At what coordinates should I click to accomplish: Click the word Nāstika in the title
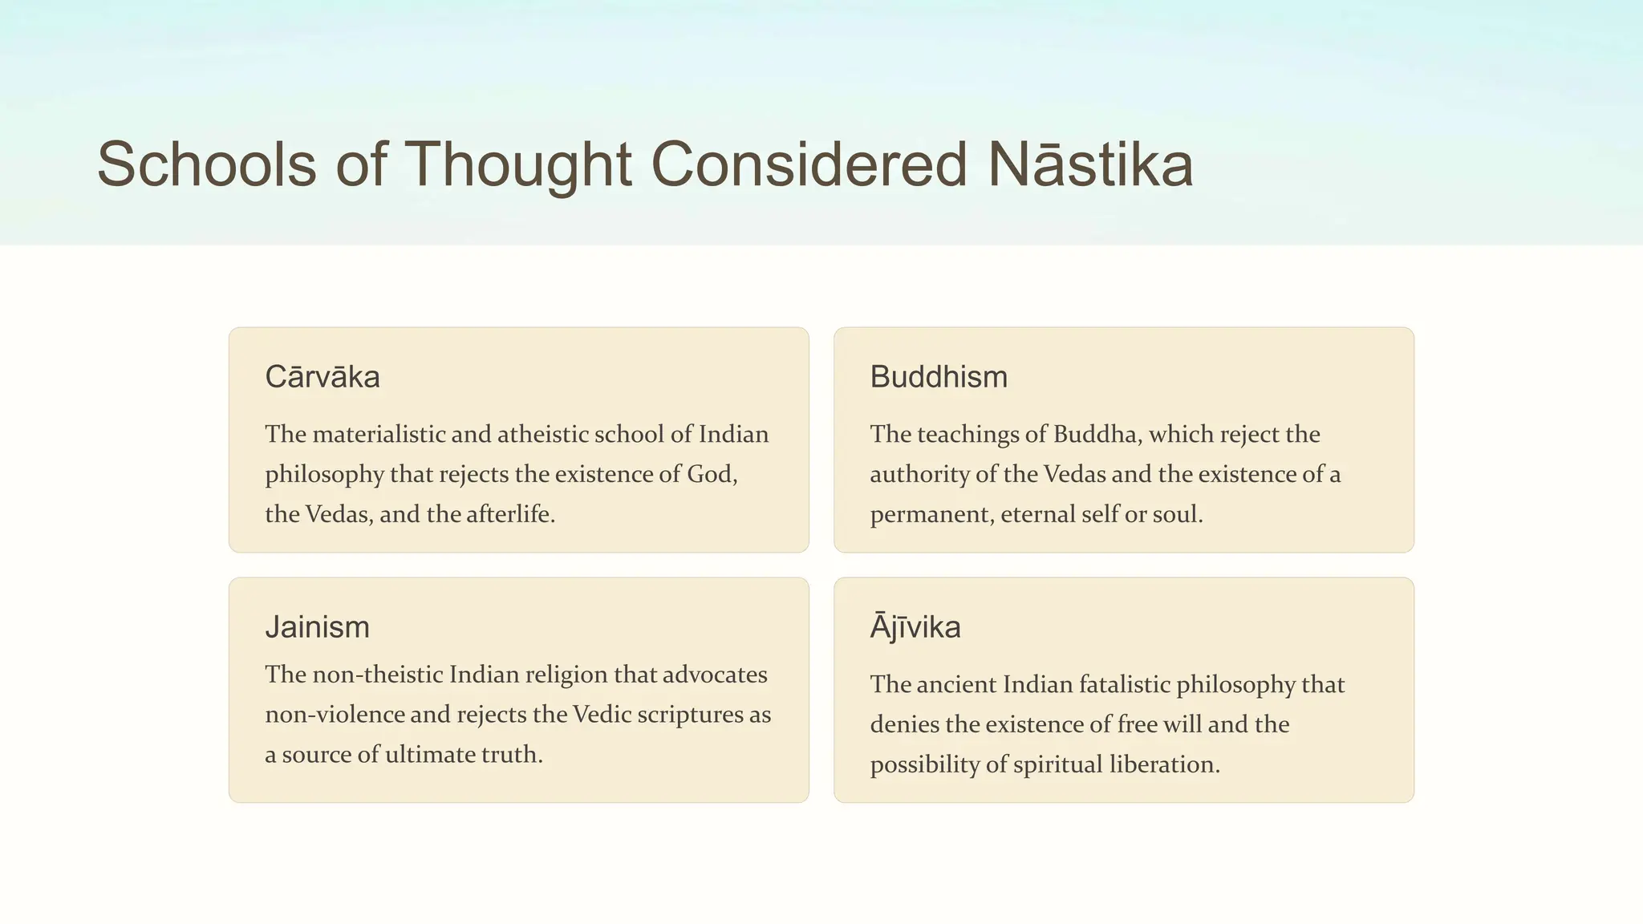coord(1090,164)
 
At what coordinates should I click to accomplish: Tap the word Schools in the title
coord(207,164)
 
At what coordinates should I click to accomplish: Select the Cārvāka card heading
coord(323,377)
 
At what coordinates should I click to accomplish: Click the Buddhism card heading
coord(939,377)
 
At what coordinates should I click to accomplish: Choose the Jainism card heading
coord(318,627)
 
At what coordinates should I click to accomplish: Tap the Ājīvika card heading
coord(915,627)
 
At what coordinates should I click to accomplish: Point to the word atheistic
coord(548,434)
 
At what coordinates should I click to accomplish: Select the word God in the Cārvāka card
coord(711,474)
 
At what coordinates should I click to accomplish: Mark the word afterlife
coord(510,514)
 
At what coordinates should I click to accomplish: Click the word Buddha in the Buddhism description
coord(1097,434)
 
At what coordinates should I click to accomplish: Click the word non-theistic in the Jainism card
coord(377,675)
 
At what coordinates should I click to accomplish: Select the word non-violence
coord(335,715)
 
